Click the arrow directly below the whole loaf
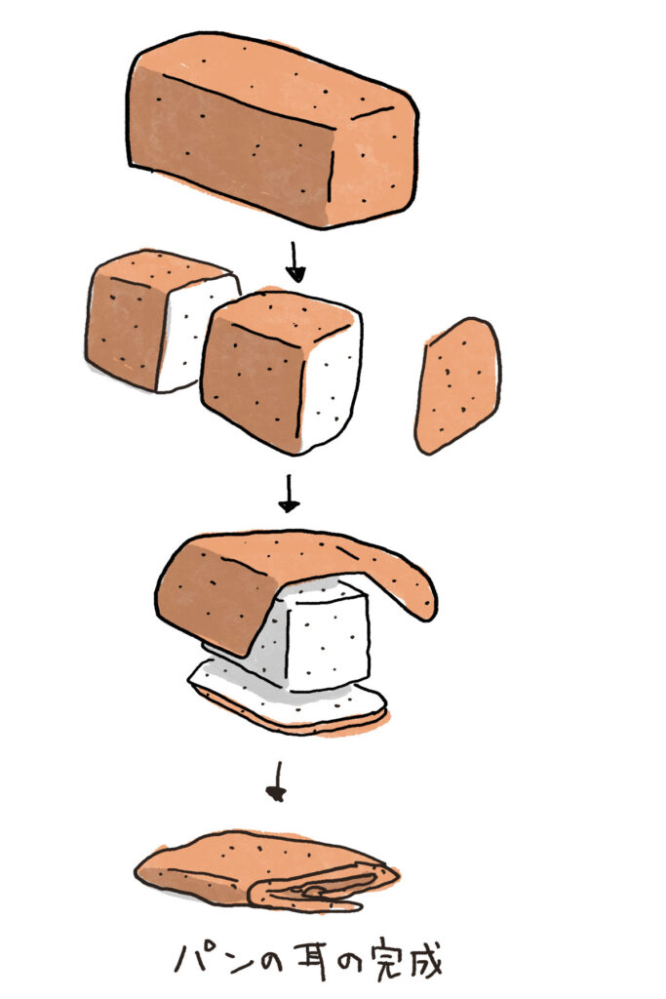(x=294, y=261)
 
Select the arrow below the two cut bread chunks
(x=289, y=493)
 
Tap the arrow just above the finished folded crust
(x=277, y=781)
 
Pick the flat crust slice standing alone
(x=457, y=385)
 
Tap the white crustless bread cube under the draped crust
(x=318, y=637)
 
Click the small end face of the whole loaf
(x=374, y=166)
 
